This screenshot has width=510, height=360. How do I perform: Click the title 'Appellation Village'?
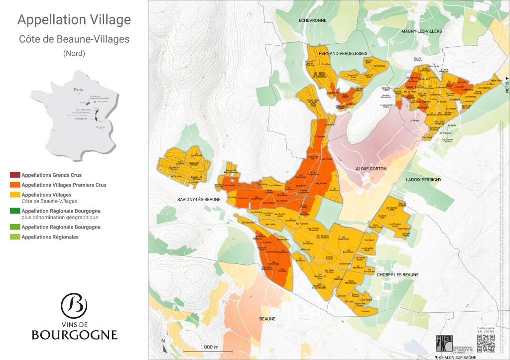coord(74,20)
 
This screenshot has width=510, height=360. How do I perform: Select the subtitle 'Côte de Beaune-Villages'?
coord(74,39)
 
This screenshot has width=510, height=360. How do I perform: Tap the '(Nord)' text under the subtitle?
coord(74,53)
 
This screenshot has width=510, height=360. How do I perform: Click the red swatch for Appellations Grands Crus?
coord(15,175)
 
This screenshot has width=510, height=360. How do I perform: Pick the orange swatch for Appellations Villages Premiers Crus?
coord(15,185)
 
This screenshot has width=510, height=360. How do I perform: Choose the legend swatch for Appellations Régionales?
coord(15,237)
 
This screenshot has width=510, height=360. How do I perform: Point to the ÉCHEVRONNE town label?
coord(312,20)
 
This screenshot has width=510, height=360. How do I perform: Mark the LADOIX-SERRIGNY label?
coord(420,179)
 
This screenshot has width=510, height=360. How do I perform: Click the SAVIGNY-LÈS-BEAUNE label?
coord(199,199)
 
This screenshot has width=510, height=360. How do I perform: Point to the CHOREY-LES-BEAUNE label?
coord(397,275)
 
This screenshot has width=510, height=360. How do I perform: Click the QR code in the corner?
coord(486,344)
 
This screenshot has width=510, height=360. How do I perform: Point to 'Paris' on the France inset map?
coord(78,90)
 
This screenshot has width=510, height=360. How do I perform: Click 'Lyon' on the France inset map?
coord(102,127)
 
